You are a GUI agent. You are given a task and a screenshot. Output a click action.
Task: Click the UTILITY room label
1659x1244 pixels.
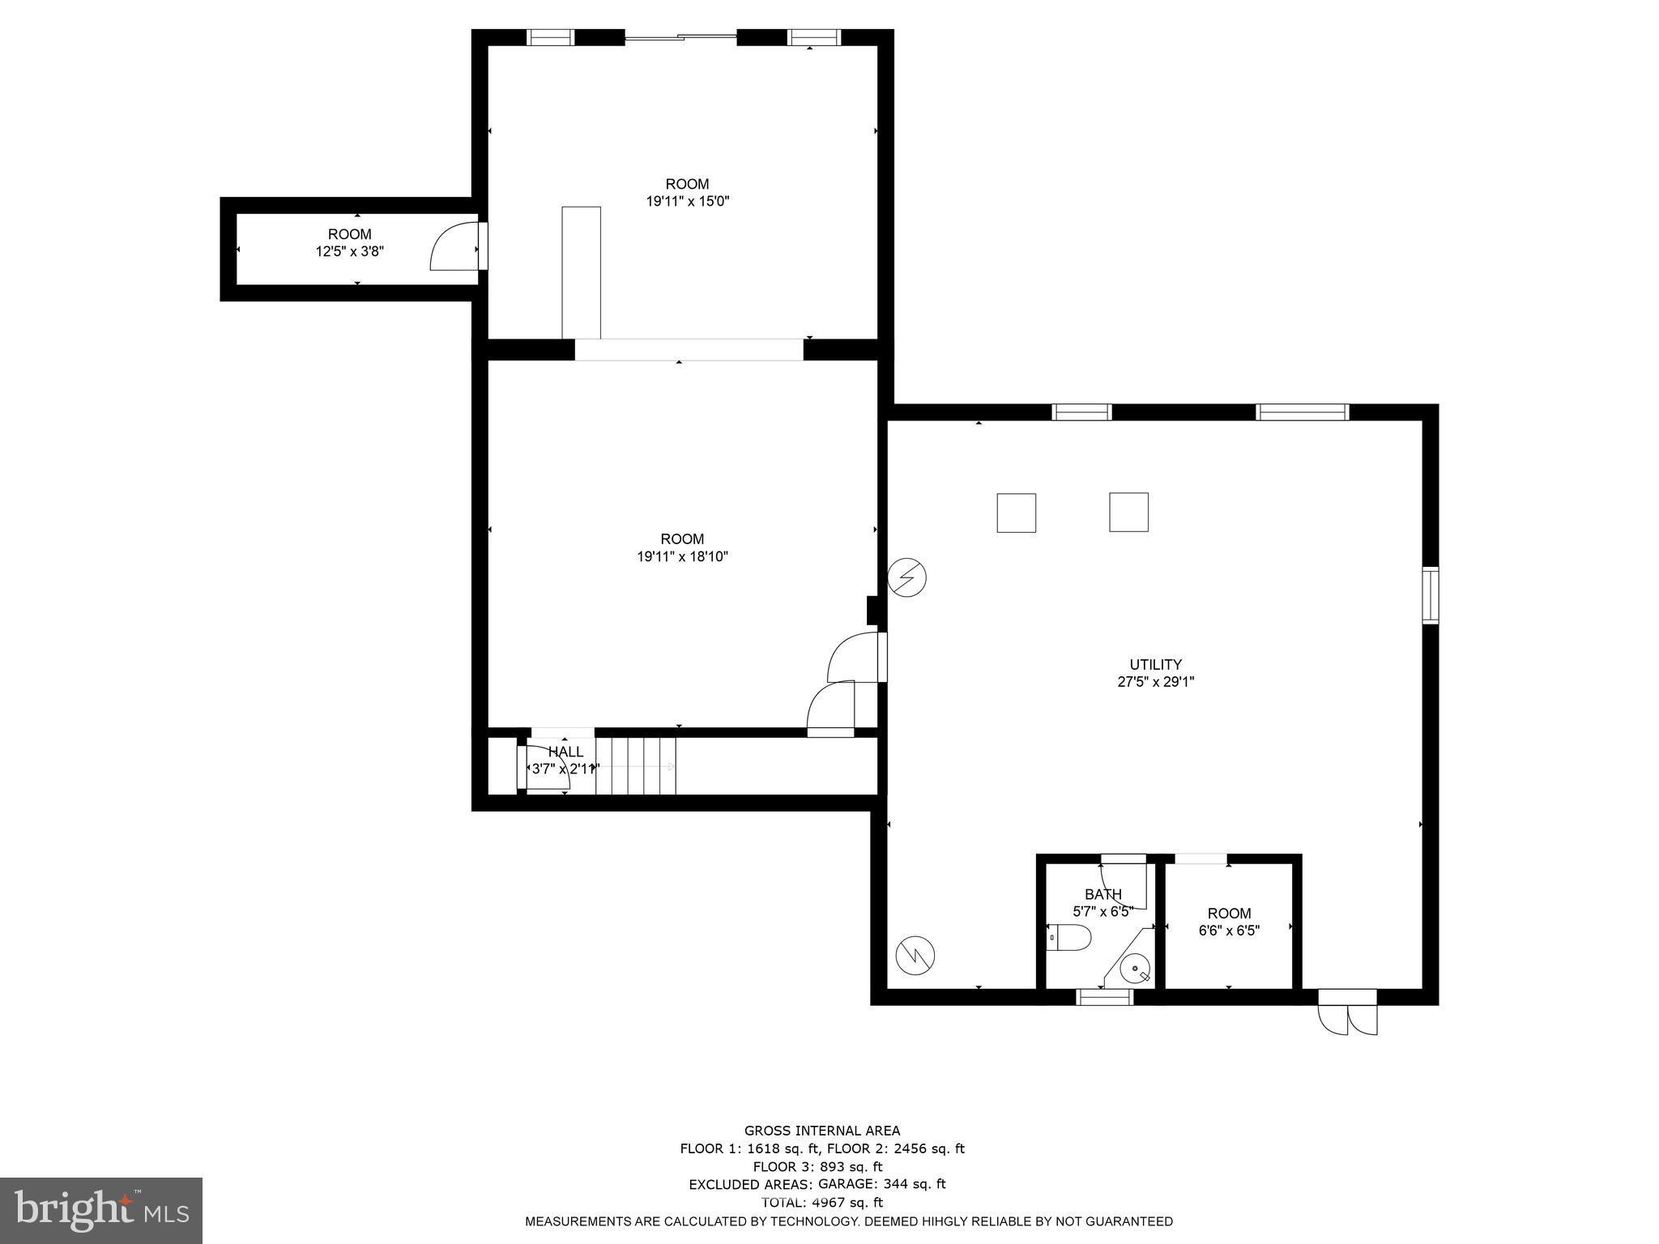point(1155,664)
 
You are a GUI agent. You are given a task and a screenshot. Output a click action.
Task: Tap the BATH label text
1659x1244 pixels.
point(1102,894)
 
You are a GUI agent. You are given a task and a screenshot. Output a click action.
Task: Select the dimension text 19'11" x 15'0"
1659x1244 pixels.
point(687,202)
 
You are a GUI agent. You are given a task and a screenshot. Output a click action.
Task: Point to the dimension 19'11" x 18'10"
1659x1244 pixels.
point(682,556)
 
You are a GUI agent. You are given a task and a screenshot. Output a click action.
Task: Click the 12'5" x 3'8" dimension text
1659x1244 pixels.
point(349,252)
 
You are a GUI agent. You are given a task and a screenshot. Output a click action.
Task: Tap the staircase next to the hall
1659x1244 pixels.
point(635,765)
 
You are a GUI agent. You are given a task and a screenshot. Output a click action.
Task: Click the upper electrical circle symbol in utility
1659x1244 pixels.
point(906,578)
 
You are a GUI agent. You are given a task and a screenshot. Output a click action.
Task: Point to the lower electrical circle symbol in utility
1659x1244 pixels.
point(915,956)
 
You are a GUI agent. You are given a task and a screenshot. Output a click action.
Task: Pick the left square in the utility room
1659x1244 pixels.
point(1016,513)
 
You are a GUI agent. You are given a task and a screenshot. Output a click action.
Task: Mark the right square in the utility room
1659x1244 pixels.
point(1128,512)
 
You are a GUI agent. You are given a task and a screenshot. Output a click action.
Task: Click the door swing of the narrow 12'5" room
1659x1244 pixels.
point(453,246)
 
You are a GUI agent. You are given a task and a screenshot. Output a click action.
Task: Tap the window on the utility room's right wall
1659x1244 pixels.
point(1431,595)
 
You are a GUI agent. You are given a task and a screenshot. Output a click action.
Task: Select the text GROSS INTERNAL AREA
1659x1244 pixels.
point(821,1131)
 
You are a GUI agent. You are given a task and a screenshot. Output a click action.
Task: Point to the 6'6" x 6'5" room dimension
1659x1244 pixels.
point(1228,931)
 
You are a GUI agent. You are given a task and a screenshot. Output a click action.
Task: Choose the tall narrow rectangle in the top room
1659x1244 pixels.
point(581,272)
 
